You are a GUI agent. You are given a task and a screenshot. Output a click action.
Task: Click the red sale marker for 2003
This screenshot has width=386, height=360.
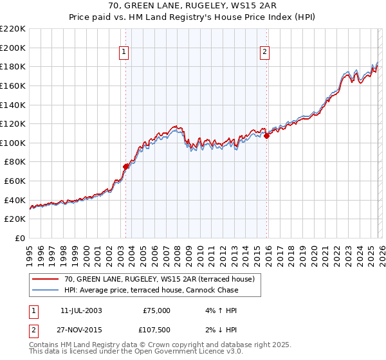[125, 166]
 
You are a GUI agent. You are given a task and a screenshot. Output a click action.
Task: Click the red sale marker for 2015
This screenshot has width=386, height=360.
[266, 136]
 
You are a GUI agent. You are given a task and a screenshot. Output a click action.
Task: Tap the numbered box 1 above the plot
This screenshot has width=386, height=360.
[124, 53]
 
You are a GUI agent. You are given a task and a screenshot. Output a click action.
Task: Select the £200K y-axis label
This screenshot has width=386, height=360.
[13, 48]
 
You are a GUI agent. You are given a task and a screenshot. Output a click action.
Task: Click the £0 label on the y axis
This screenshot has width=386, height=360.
[19, 238]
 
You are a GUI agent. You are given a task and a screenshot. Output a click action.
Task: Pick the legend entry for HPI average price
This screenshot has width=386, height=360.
[151, 290]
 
